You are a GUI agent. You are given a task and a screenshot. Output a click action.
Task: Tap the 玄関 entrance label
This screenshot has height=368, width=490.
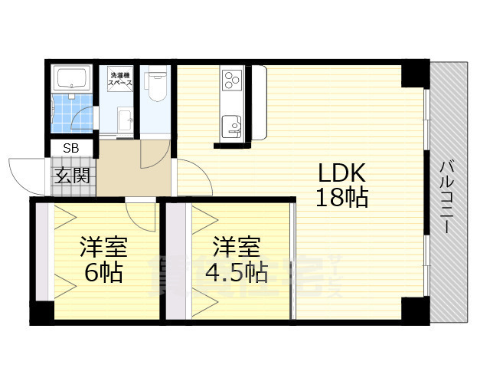click(x=72, y=175)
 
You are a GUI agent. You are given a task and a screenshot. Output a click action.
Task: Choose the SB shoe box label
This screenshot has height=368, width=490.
click(x=71, y=148)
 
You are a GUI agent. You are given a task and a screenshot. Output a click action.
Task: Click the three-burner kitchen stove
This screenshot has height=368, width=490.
click(x=233, y=79)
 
